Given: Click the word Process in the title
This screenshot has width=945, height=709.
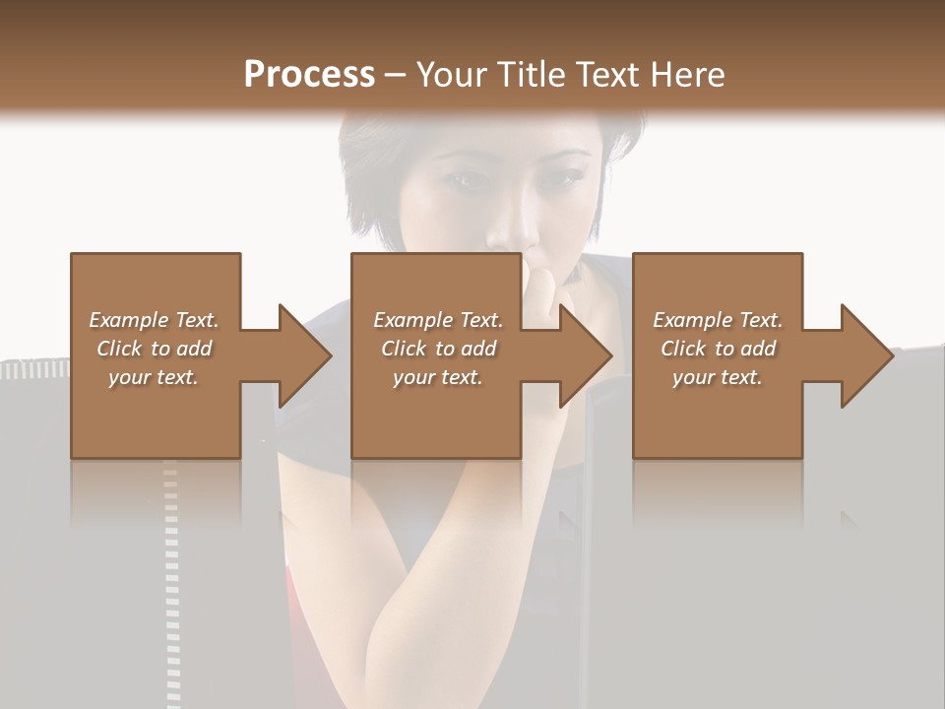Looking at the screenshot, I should point(309,75).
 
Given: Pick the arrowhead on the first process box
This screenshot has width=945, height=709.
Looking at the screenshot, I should point(305,355).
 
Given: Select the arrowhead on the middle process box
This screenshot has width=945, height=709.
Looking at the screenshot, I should point(586,355).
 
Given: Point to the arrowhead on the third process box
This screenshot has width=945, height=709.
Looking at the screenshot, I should point(866,355).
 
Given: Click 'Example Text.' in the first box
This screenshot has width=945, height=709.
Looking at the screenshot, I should point(154,320).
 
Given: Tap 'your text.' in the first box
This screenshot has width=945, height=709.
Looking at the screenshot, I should point(154,377).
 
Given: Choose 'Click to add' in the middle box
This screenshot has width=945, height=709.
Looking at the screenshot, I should point(438,349).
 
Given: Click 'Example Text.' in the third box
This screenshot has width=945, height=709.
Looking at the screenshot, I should point(718,320).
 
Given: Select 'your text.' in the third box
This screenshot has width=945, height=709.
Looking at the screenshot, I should point(718,377).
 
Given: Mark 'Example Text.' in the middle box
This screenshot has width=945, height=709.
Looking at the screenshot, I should point(438,320).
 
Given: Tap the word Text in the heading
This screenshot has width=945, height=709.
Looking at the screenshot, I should point(606,75).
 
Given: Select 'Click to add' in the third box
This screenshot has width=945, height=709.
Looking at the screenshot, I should point(718,349).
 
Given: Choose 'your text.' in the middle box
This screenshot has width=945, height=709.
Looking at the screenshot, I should point(438,377).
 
